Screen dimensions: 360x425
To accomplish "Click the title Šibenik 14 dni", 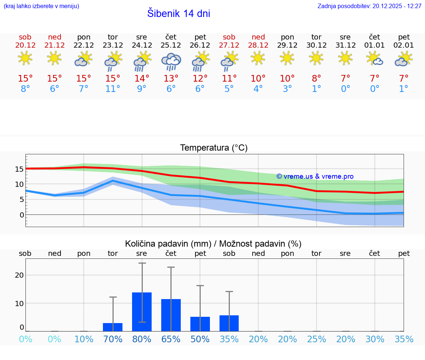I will (x=179, y=14).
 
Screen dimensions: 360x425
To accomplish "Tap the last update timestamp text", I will (x=369, y=6).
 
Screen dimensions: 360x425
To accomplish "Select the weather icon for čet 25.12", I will (x=171, y=61).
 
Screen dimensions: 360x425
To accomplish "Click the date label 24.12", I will (x=142, y=45).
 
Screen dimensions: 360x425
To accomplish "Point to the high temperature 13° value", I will (x=171, y=79).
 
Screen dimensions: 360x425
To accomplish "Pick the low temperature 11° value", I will (x=113, y=89).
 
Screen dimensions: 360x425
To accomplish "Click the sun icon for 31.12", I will (x=345, y=58).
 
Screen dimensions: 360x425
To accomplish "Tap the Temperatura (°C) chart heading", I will (x=214, y=148).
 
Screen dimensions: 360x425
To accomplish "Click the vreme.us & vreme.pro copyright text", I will (x=315, y=176).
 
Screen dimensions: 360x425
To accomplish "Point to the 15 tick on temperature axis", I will (x=19, y=169).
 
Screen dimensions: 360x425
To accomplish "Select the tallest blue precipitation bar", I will (x=142, y=312).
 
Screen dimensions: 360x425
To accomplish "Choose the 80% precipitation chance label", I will (x=142, y=339).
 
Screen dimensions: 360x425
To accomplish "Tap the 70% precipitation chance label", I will (x=113, y=339).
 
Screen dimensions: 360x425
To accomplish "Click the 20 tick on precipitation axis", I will (x=19, y=275).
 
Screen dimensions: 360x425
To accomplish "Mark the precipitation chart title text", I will (x=213, y=244).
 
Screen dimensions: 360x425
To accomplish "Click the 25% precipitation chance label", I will (x=317, y=339).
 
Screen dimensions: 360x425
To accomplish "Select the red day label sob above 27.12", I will (x=229, y=37).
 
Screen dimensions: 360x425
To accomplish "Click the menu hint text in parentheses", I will (x=41, y=6).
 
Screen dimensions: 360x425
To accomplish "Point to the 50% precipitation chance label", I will (x=200, y=339).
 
